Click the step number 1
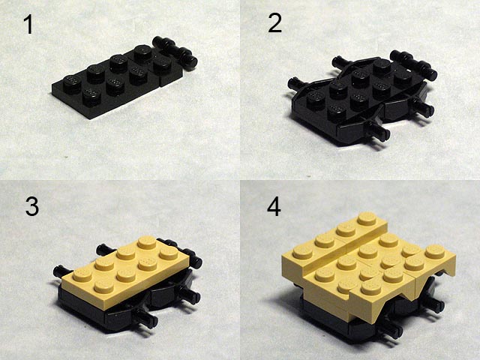point(28,25)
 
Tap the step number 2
point(274,23)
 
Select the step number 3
point(31,207)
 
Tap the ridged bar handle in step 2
point(414,64)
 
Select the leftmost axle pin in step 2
point(295,82)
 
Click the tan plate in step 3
point(126,271)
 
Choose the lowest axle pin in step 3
point(146,319)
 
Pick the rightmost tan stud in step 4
point(434,250)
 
